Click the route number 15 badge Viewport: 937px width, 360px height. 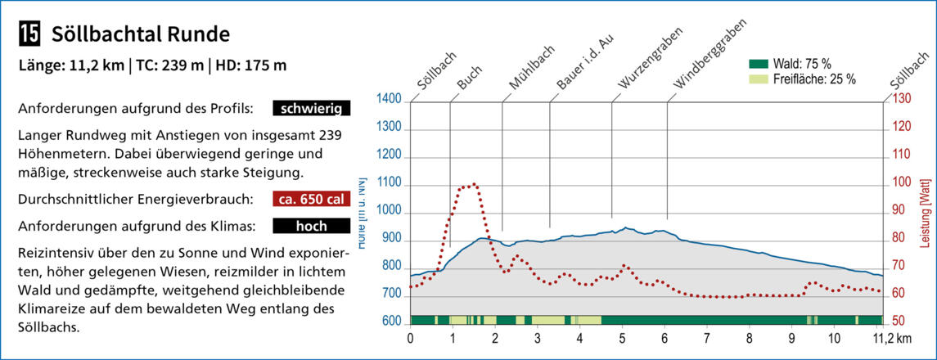[29, 34]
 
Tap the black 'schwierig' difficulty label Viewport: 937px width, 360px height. [312, 108]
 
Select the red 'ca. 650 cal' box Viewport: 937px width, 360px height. [312, 199]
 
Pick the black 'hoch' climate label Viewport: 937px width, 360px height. [312, 226]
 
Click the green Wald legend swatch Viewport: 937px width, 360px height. [759, 64]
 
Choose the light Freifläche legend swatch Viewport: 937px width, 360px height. [759, 79]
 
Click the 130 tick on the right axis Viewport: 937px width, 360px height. [901, 100]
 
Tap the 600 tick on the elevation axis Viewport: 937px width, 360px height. [390, 321]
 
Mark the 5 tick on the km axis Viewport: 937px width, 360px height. [623, 336]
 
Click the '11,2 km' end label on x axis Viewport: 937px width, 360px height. [891, 336]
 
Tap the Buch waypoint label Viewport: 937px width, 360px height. [470, 78]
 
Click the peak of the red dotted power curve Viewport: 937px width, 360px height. [474, 185]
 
